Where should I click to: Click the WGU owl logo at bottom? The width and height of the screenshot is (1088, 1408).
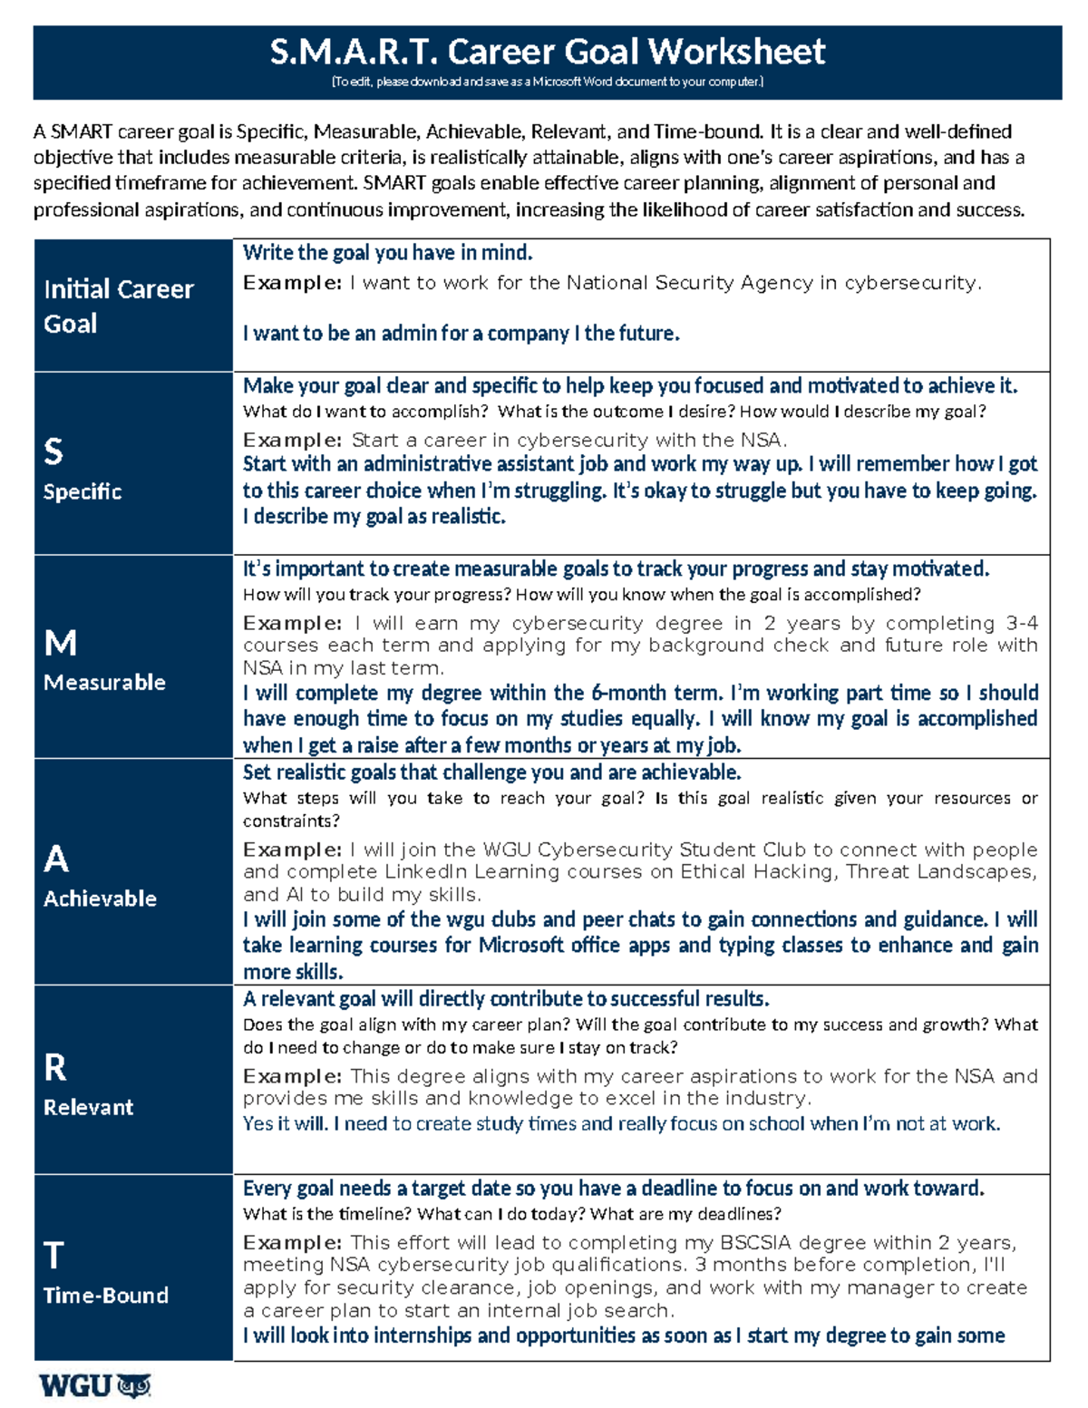click(94, 1386)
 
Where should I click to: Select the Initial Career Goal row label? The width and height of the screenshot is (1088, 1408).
click(118, 306)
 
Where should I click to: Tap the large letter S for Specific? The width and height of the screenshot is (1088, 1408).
click(53, 452)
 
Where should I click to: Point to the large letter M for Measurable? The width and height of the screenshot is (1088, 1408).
click(60, 643)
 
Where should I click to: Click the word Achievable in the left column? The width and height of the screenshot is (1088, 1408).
click(100, 898)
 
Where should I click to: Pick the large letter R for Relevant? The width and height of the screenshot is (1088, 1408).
click(54, 1068)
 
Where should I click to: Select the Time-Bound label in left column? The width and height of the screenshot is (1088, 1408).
click(105, 1295)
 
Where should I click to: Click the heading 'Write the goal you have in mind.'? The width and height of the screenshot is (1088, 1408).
click(387, 252)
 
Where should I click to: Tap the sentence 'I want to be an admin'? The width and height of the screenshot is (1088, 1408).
click(461, 334)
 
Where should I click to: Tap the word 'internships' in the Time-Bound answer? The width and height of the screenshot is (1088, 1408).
click(422, 1335)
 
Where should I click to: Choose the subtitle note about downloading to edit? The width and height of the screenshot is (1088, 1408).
click(547, 82)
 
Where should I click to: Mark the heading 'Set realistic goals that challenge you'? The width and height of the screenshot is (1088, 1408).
click(491, 772)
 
